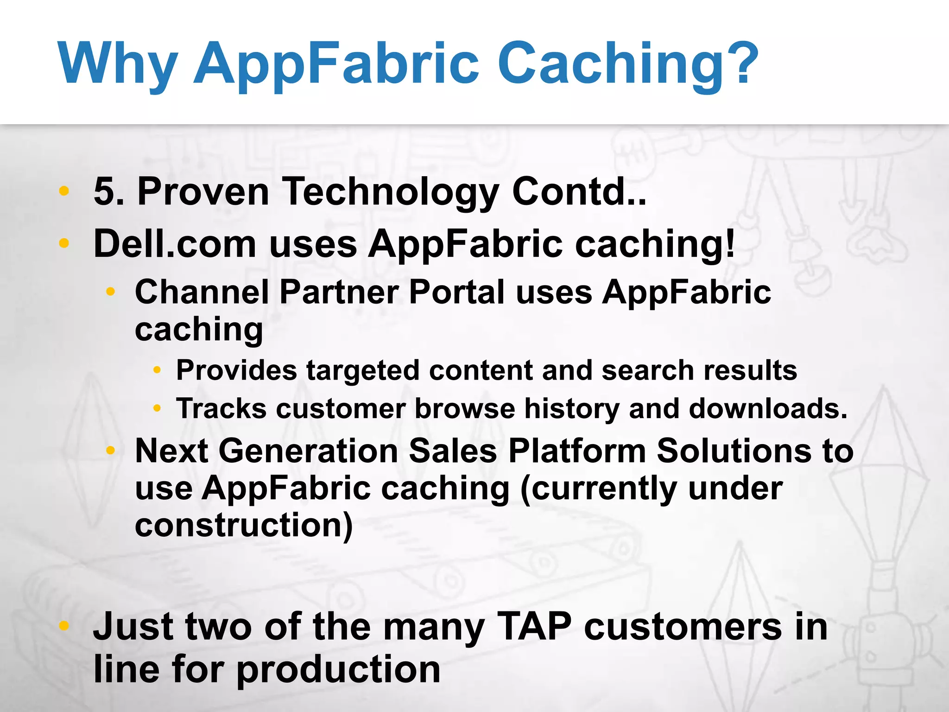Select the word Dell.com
click(x=175, y=244)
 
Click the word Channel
click(x=202, y=292)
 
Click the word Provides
click(x=236, y=371)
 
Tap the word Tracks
click(x=221, y=409)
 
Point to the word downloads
click(x=768, y=409)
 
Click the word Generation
click(x=308, y=451)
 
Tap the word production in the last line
click(x=338, y=670)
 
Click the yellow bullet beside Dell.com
click(x=64, y=243)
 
